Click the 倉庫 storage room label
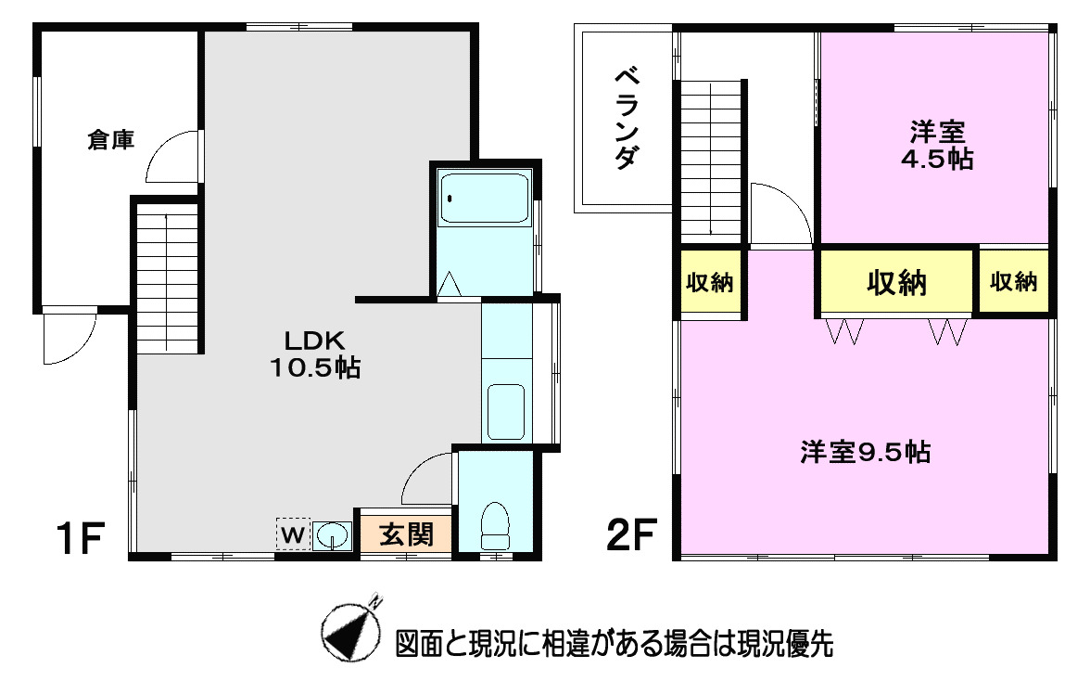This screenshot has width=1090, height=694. click(x=111, y=140)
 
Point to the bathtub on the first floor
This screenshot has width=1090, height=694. click(x=484, y=198)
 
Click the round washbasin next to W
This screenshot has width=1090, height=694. click(x=331, y=535)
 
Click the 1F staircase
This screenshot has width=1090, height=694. click(x=168, y=278)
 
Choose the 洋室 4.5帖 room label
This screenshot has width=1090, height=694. click(x=937, y=145)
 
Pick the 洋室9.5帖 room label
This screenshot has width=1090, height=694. click(x=866, y=453)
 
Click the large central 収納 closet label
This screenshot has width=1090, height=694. click(x=896, y=282)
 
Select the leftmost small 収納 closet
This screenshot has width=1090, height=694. click(x=709, y=283)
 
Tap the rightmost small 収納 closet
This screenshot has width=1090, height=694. click(x=1013, y=282)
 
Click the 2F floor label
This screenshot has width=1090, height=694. click(x=633, y=535)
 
